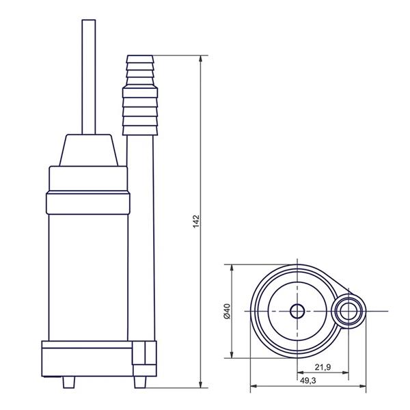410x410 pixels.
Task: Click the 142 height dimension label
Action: pos(196,221)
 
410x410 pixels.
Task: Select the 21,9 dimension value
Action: pos(323,368)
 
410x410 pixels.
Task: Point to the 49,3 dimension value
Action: pos(307,381)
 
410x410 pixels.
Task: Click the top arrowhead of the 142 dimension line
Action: pos(200,59)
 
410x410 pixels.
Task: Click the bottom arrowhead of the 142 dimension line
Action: pos(200,384)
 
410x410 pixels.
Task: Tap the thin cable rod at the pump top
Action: pos(89,77)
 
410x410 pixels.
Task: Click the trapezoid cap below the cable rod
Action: pos(89,150)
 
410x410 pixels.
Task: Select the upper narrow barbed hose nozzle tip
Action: pos(140,70)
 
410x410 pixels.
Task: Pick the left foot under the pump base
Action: pos(69,382)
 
